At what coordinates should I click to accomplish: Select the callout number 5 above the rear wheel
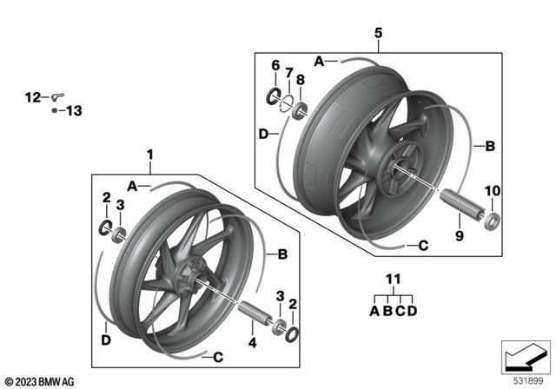tap(378, 33)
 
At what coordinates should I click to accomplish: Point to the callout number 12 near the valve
tap(32, 97)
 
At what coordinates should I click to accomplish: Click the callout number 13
tap(73, 111)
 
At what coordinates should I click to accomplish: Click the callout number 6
tap(275, 65)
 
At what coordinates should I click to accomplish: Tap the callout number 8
tap(301, 80)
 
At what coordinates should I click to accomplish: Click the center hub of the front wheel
tap(186, 280)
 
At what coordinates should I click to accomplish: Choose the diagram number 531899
tap(528, 379)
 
